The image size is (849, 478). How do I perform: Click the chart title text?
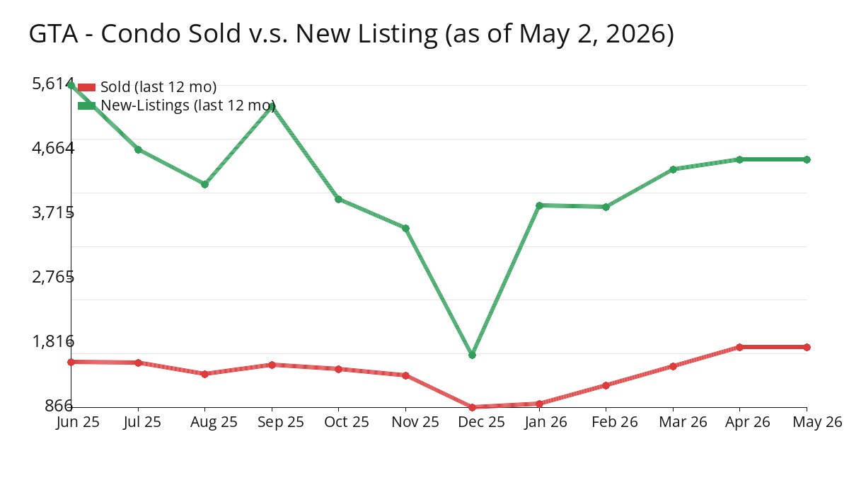pyautogui.click(x=352, y=34)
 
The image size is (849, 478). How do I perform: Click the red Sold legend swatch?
pyautogui.click(x=86, y=87)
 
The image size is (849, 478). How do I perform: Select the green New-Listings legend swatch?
pyautogui.click(x=86, y=106)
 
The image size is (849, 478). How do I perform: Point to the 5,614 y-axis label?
pyautogui.click(x=53, y=84)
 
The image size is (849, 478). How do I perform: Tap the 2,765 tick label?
pyautogui.click(x=53, y=277)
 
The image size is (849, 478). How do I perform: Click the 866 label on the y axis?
pyautogui.click(x=58, y=406)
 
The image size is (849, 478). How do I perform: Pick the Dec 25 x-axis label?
pyautogui.click(x=481, y=422)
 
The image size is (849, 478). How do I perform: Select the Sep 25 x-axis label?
pyautogui.click(x=281, y=422)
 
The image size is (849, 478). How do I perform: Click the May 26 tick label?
pyautogui.click(x=817, y=422)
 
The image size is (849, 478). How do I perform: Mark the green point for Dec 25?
pyautogui.click(x=472, y=355)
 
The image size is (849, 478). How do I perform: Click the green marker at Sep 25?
pyautogui.click(x=272, y=106)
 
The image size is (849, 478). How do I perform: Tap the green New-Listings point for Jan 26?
pyautogui.click(x=539, y=205)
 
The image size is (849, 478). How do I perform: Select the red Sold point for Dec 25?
pyautogui.click(x=472, y=407)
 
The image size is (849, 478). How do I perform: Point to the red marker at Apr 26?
pyautogui.click(x=739, y=347)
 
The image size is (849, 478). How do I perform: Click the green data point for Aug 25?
pyautogui.click(x=204, y=184)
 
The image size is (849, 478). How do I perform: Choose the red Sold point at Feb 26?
pyautogui.click(x=606, y=385)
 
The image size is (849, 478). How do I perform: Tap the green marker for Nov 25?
pyautogui.click(x=405, y=228)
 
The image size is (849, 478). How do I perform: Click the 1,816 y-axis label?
pyautogui.click(x=53, y=341)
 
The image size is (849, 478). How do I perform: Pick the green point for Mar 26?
pyautogui.click(x=673, y=169)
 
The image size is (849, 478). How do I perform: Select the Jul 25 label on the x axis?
pyautogui.click(x=142, y=422)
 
